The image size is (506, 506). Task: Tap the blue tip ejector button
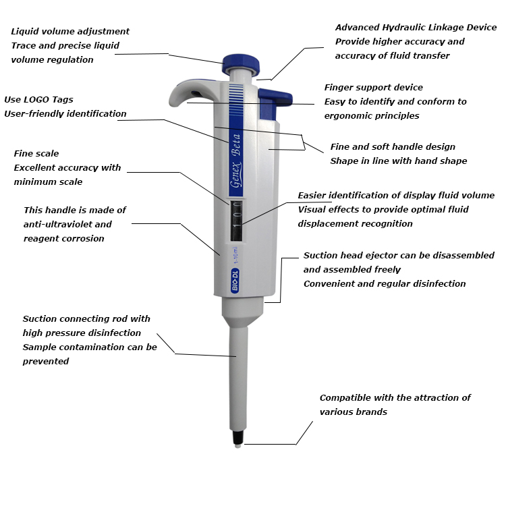point(275,99)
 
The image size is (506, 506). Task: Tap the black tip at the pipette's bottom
point(237,441)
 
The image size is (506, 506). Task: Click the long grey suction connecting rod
point(238,378)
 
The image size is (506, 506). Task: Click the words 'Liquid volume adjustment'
point(70,32)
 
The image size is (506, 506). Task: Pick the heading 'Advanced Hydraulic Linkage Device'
point(416,28)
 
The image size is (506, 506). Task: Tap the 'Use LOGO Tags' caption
point(38,100)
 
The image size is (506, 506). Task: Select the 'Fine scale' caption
point(36,154)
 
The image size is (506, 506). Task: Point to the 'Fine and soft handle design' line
point(392,147)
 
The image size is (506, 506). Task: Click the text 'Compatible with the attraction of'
point(395,398)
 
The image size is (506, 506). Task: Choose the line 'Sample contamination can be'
point(90,347)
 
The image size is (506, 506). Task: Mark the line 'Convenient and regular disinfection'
point(385,284)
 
